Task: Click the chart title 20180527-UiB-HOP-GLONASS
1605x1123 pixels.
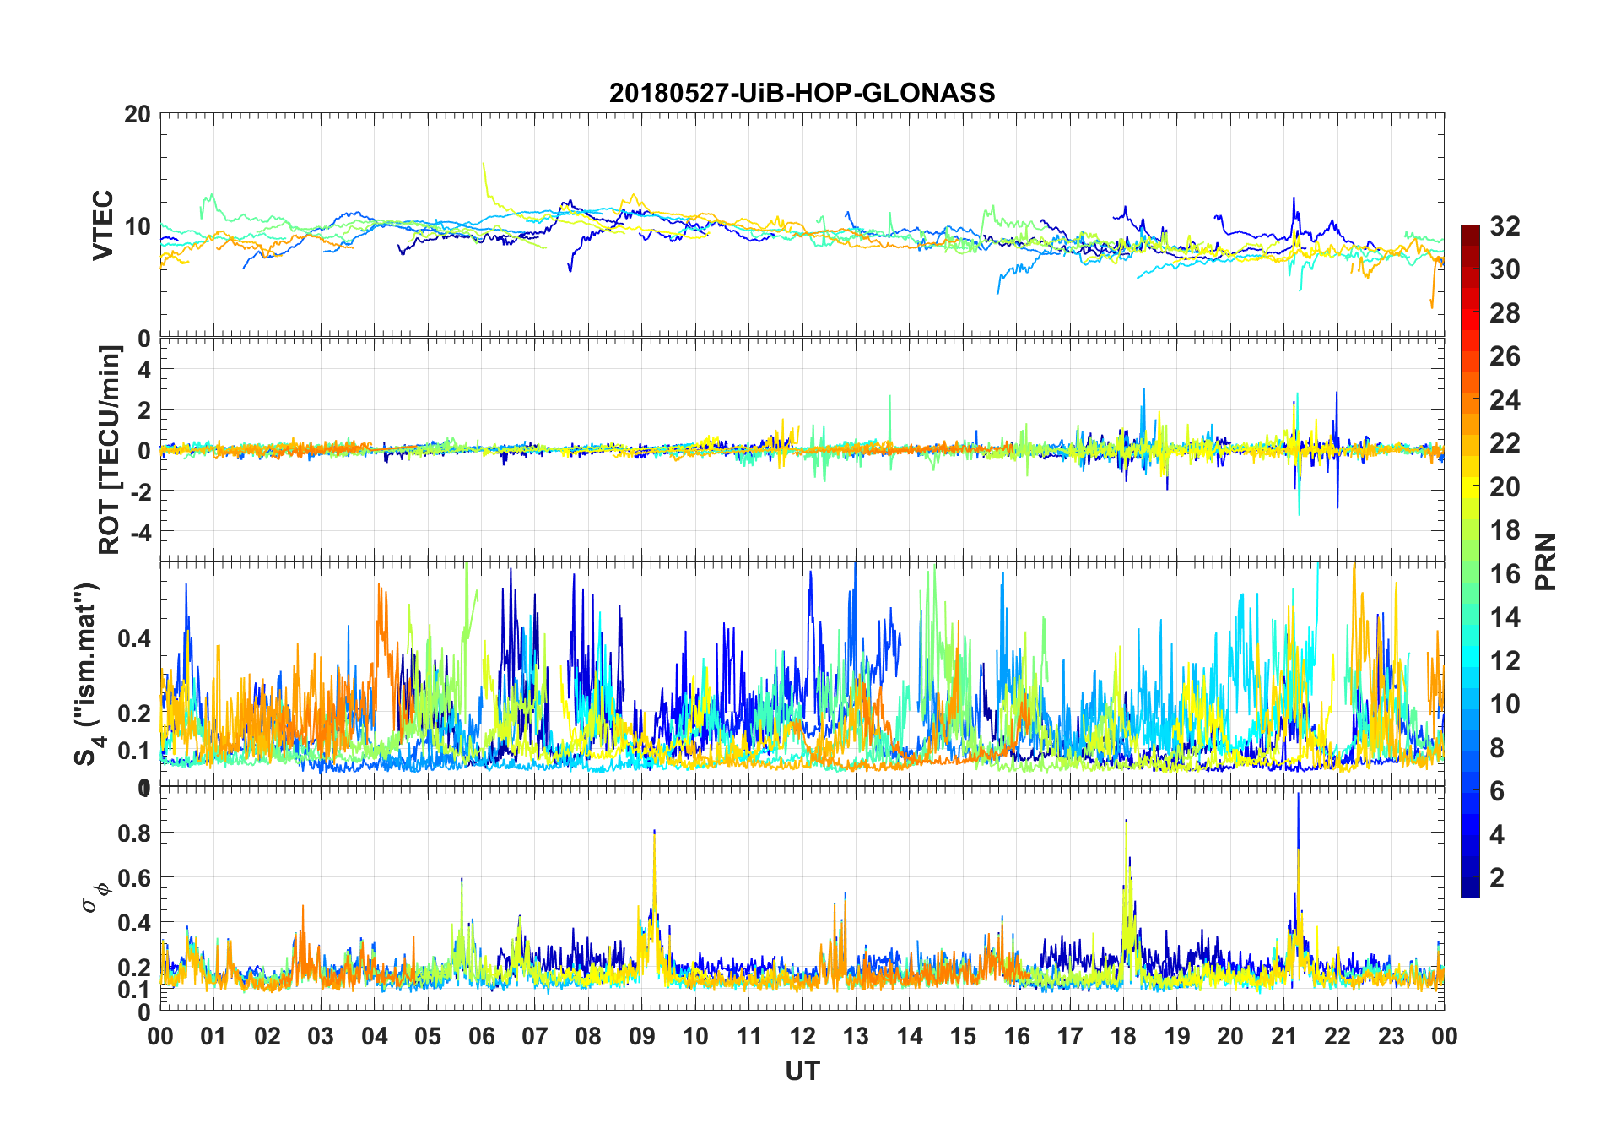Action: click(x=802, y=93)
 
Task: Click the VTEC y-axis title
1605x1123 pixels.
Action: click(x=103, y=225)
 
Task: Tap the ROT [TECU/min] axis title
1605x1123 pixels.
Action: click(x=110, y=449)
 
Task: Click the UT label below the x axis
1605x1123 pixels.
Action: click(x=802, y=1071)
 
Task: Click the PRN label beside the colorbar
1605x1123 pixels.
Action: click(x=1546, y=561)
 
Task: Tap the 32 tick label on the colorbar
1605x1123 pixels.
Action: click(x=1505, y=226)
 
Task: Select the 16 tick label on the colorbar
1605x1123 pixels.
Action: click(x=1505, y=574)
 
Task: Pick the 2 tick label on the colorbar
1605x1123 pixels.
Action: click(x=1497, y=878)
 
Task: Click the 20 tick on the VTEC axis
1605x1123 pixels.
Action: click(x=138, y=115)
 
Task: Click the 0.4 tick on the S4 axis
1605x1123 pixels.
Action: click(x=134, y=638)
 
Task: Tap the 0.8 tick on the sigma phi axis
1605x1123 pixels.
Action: click(x=134, y=833)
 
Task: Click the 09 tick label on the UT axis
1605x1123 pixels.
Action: click(x=641, y=1037)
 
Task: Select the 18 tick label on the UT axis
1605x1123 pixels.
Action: click(x=1123, y=1037)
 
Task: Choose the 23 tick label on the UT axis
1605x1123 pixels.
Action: click(x=1391, y=1037)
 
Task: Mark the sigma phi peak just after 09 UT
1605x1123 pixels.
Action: click(x=654, y=833)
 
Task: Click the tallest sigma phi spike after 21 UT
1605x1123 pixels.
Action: click(x=1298, y=795)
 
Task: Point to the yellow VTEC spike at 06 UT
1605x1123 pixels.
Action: click(x=483, y=164)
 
